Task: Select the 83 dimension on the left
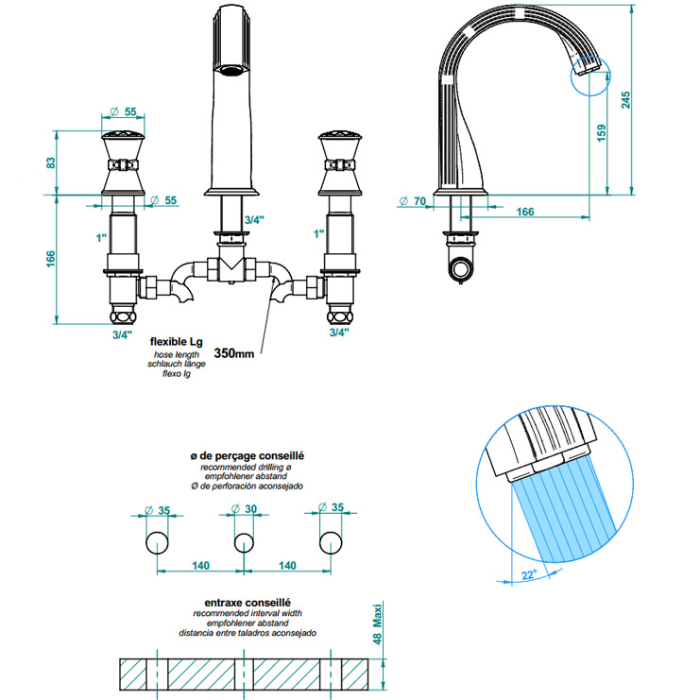[x=52, y=162]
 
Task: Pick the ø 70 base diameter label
[x=409, y=200]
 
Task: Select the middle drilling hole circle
[x=244, y=542]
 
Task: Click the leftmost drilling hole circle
[x=157, y=542]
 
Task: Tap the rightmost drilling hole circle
[x=331, y=542]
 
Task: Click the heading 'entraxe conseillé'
[x=247, y=601]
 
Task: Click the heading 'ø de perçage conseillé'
[x=247, y=456]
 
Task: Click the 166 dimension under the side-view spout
[x=524, y=212]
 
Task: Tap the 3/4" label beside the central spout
[x=253, y=219]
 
